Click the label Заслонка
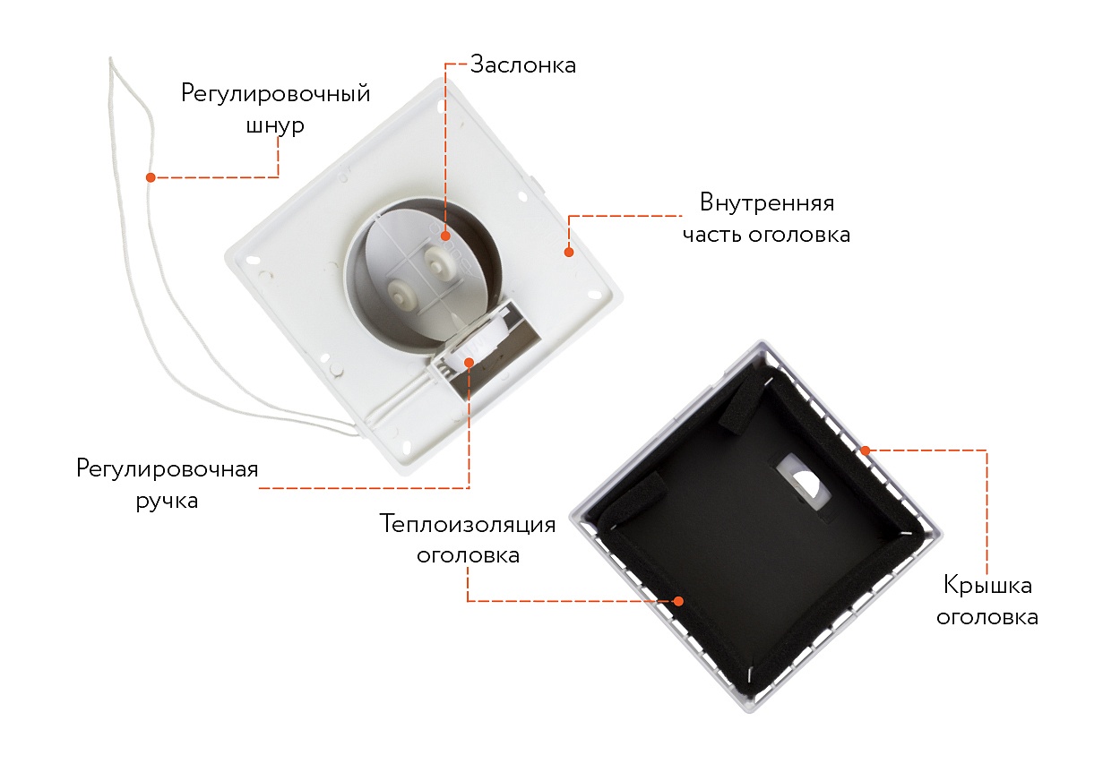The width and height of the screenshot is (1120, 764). pos(523,65)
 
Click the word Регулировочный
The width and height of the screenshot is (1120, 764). pos(275,93)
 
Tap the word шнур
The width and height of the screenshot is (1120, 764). pos(275,125)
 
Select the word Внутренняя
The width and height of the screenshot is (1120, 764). pos(767,202)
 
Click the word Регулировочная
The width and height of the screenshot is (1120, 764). pos(167,469)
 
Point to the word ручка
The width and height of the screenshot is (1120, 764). pos(167,502)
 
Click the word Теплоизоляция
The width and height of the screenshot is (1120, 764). pos(468,524)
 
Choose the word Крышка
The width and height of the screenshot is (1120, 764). pos(987,586)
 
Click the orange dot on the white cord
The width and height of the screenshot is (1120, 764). pos(151,177)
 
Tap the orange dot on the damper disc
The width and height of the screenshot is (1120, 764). pos(445,236)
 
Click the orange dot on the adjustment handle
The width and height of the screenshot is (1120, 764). pos(469,362)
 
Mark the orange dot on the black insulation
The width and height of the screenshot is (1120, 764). pos(678,601)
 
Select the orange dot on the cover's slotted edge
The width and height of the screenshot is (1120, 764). pos(866,451)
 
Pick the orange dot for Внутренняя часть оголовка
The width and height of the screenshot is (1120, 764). pos(568,253)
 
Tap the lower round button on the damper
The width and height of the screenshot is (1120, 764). pos(402,293)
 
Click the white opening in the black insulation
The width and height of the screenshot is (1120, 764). pos(803,481)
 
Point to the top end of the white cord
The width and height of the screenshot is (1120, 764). pos(110,58)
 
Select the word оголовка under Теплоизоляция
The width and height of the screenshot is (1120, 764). pos(468,555)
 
